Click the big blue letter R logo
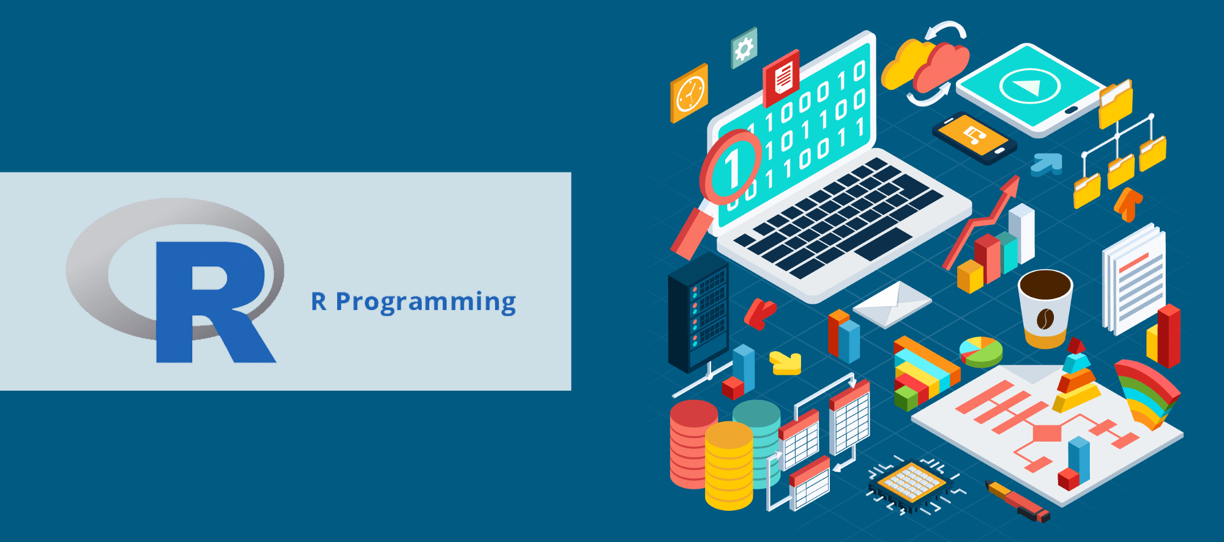click(208, 300)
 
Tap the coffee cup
click(1045, 309)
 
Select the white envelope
click(892, 304)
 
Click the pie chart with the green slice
click(981, 352)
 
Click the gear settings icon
click(744, 48)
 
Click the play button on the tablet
click(1030, 86)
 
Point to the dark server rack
click(698, 311)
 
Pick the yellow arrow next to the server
click(785, 362)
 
